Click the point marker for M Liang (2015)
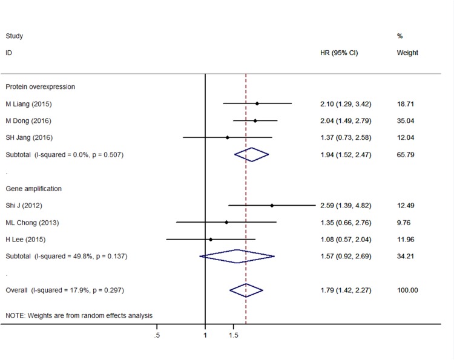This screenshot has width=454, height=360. (257, 103)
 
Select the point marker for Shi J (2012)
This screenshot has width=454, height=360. (272, 206)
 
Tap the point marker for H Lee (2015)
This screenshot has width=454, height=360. (211, 240)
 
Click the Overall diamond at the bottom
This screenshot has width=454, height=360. (246, 290)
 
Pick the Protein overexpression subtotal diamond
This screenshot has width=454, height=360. (251, 155)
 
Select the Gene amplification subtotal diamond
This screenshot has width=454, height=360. (237, 257)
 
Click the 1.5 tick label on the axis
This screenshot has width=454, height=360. (234, 335)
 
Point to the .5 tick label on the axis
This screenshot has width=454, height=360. (157, 335)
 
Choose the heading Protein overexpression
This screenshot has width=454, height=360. (40, 87)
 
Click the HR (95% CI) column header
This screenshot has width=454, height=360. (339, 53)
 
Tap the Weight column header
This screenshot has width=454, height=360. (407, 53)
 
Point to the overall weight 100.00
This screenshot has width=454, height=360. (407, 290)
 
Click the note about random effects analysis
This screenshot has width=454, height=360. (79, 315)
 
